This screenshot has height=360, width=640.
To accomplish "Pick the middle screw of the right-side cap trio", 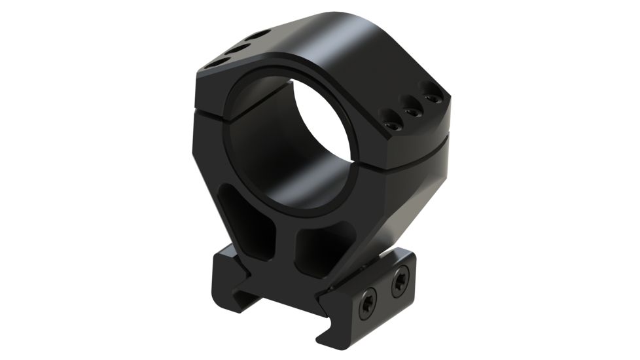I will [x=413, y=110].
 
